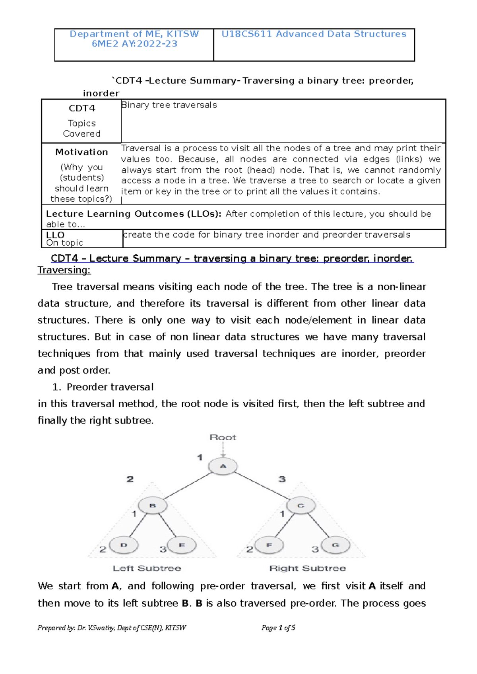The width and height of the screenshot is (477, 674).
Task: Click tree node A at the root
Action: (x=223, y=466)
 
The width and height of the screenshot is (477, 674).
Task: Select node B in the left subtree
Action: (x=153, y=506)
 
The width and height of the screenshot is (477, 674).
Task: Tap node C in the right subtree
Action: (x=301, y=506)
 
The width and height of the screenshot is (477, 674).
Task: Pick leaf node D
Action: (x=124, y=545)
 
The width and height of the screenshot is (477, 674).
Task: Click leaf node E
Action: (x=182, y=545)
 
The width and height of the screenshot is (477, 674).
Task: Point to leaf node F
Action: (x=269, y=545)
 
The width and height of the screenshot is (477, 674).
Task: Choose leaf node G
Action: (x=335, y=545)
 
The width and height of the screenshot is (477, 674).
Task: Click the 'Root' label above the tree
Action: (x=223, y=437)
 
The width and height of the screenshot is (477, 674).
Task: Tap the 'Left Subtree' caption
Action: (x=147, y=568)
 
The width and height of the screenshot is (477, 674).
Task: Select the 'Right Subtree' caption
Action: (x=307, y=568)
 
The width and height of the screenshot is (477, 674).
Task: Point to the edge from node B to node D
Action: (x=138, y=525)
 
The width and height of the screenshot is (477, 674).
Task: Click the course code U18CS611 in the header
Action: (x=247, y=34)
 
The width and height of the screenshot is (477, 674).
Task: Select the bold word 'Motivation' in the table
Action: (x=81, y=152)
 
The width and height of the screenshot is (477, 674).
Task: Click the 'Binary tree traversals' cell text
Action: (x=169, y=105)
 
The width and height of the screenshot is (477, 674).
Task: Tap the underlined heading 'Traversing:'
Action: (x=64, y=270)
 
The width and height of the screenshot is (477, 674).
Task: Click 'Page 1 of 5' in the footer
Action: (x=278, y=628)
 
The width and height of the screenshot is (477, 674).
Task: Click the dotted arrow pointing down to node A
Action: (x=223, y=450)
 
